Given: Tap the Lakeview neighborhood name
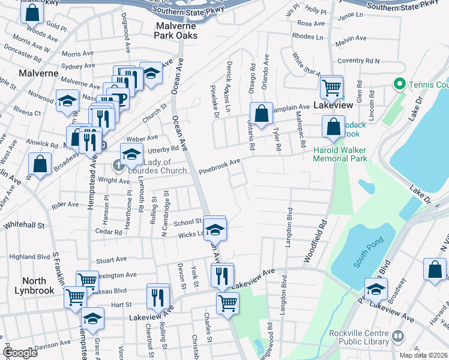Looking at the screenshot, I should (334, 104).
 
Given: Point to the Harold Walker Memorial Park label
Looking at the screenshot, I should (340, 154).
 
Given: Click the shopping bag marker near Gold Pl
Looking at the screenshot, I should (32, 12).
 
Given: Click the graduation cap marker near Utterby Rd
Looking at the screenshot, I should (132, 155).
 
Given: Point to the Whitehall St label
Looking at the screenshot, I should (25, 226).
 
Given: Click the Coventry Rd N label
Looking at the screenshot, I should (359, 61).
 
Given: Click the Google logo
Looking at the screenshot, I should (20, 353).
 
